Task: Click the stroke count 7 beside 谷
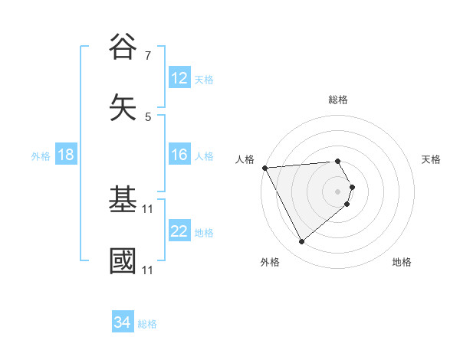[148, 56]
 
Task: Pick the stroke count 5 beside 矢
[148, 117]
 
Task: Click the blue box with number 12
[179, 78]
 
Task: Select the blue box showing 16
[179, 155]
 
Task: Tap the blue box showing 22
[179, 232]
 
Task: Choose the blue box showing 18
[66, 155]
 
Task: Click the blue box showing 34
[123, 323]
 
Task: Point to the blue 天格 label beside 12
[204, 80]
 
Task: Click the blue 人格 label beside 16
[204, 156]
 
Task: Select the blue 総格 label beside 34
[147, 324]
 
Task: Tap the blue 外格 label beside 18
[41, 156]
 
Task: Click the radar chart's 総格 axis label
[338, 100]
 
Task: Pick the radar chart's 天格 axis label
[432, 159]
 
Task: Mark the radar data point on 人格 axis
[264, 168]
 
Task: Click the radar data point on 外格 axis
[301, 242]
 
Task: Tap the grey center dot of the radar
[338, 191]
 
